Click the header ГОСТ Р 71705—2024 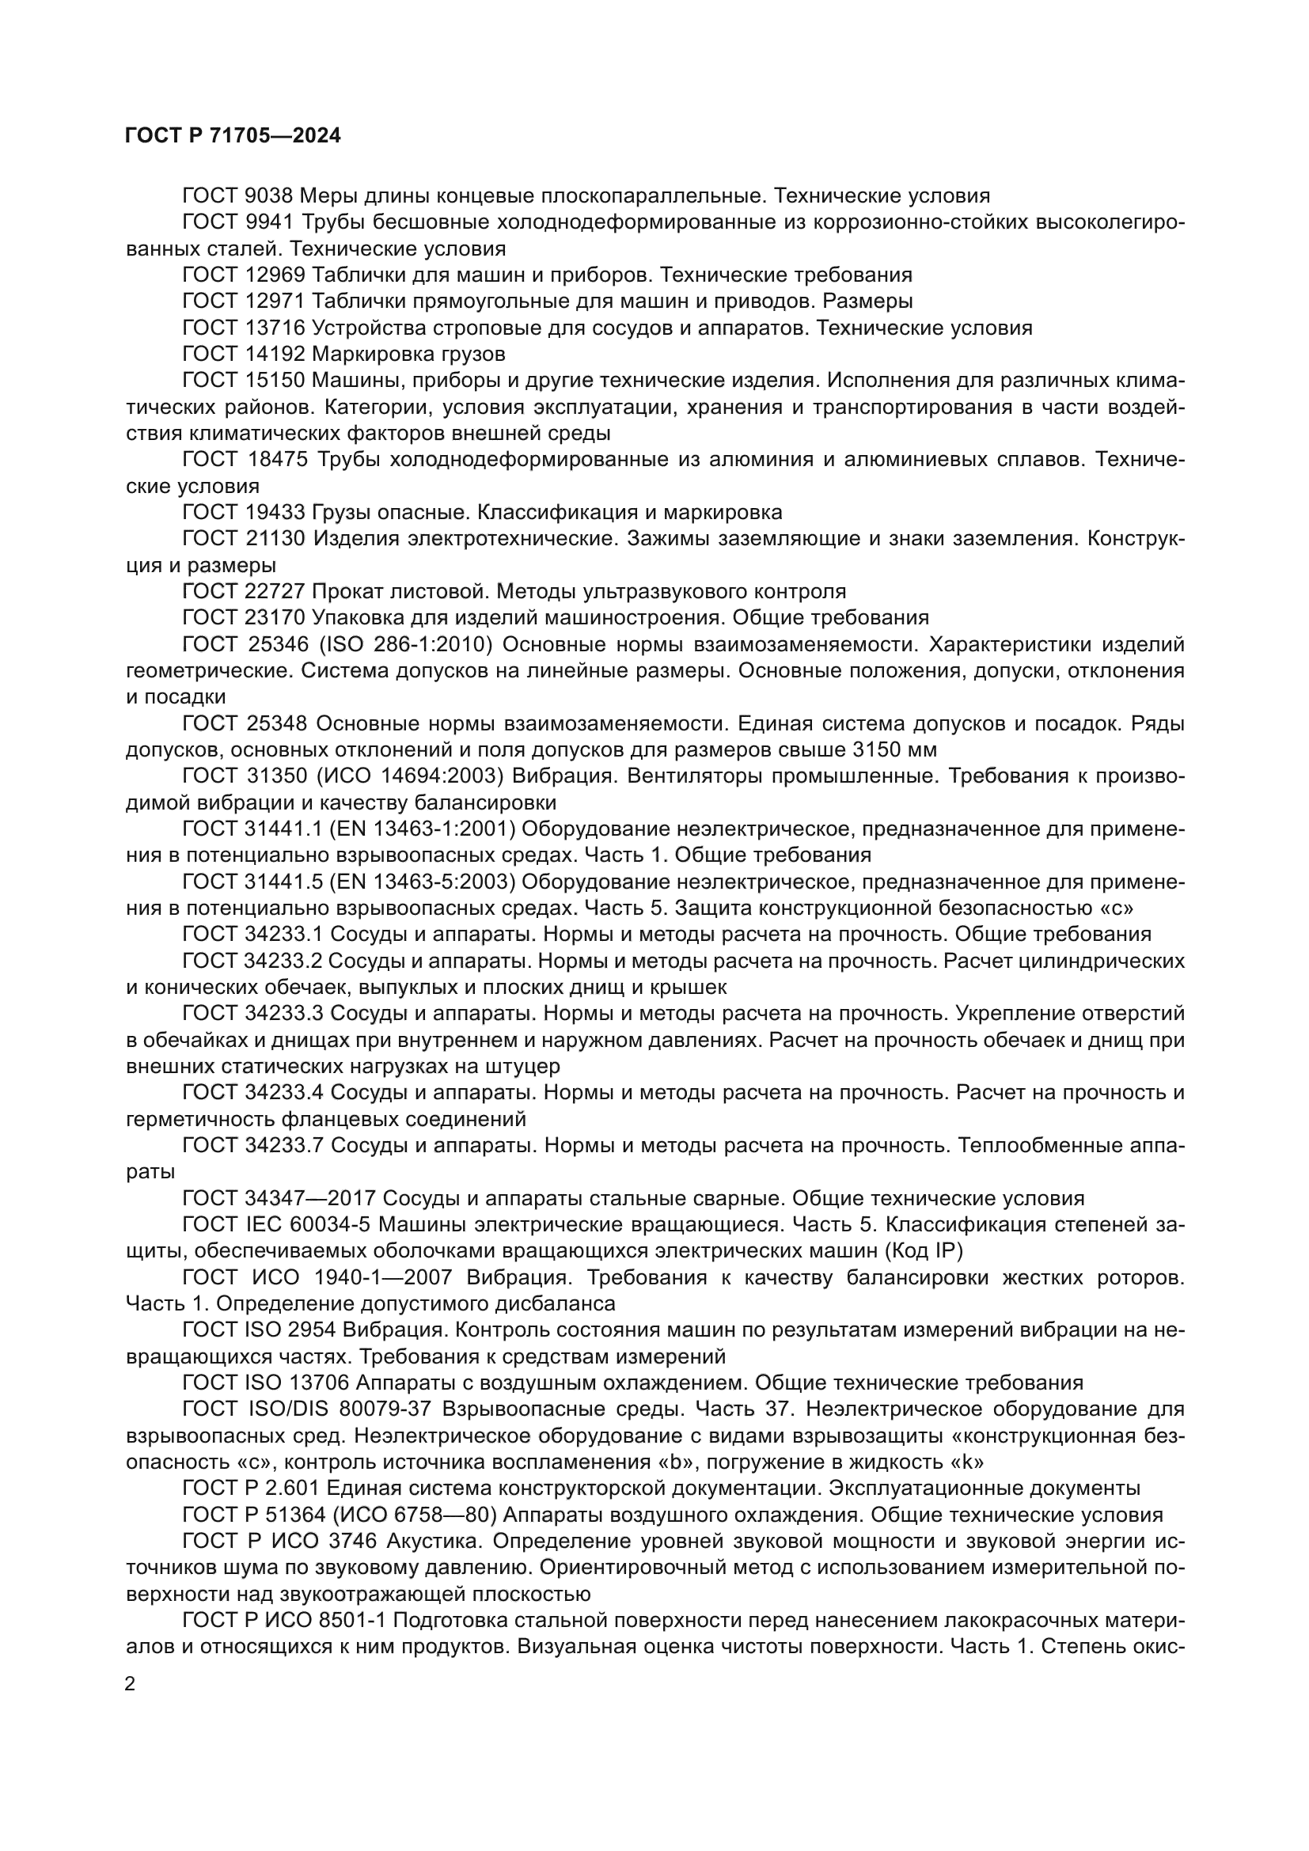233,135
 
